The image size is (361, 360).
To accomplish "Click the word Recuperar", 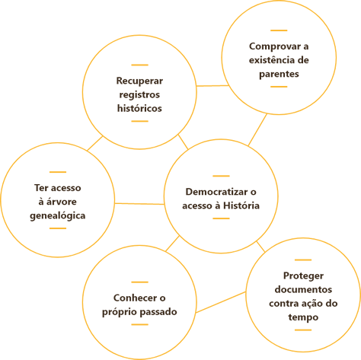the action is [x=139, y=81].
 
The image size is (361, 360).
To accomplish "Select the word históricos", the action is [x=139, y=108].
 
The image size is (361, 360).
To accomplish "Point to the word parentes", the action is [x=279, y=74].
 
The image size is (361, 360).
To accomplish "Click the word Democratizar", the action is [x=216, y=192].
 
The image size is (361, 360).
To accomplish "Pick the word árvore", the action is [x=61, y=202].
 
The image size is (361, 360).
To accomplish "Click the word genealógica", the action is [x=58, y=216].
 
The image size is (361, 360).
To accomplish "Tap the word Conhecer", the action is [x=135, y=298].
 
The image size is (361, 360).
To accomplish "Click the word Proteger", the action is [x=303, y=276].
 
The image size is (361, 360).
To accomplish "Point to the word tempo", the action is [x=303, y=317].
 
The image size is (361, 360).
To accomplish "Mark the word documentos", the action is [x=303, y=289].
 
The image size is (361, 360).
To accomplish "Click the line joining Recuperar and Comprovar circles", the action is [x=212, y=86].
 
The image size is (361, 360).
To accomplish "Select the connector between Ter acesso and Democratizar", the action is [x=139, y=204].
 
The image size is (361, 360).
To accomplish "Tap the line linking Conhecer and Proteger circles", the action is [x=221, y=302].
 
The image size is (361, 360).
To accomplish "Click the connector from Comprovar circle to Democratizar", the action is [x=257, y=129].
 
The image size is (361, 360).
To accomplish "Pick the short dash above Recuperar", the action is [x=139, y=65].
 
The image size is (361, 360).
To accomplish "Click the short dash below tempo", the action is [x=303, y=330].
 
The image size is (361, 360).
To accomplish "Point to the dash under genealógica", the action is [x=58, y=228].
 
